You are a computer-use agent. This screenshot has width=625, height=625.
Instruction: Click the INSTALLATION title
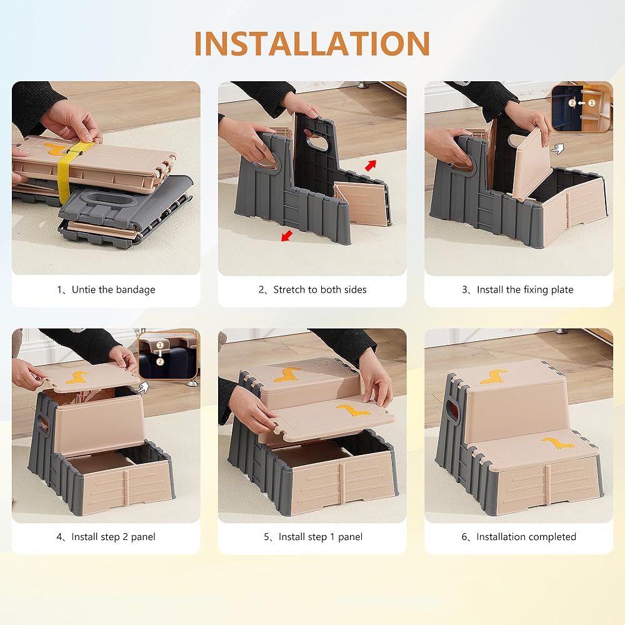312,44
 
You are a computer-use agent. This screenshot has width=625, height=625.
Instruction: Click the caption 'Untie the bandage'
113,290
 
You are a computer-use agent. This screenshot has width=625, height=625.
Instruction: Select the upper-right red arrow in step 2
371,165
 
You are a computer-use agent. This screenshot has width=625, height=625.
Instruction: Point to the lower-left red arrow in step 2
287,236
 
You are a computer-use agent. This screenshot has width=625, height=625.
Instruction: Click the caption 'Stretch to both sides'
319,290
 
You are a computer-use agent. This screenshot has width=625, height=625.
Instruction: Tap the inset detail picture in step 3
581,107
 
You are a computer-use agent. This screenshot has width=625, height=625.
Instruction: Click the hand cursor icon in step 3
558,149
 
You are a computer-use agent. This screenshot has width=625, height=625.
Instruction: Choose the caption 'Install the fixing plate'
525,290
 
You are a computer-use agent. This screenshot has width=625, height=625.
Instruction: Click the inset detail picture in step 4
167,354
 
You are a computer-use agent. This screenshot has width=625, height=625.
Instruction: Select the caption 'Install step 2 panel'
113,537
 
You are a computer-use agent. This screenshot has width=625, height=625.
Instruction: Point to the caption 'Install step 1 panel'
321,537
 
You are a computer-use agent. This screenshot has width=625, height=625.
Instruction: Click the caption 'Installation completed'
526,537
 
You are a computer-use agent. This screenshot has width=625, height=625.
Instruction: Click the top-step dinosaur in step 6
494,377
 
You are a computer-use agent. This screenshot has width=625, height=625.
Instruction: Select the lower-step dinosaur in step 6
558,443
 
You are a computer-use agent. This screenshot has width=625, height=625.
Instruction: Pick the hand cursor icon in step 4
142,387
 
